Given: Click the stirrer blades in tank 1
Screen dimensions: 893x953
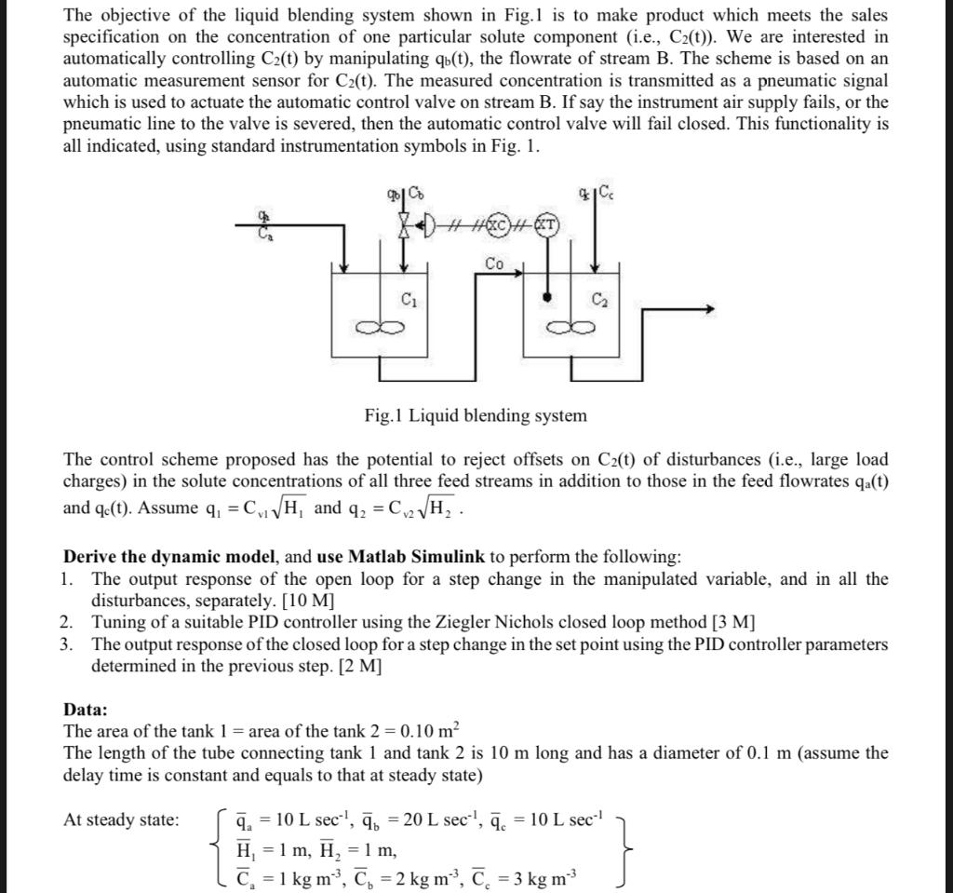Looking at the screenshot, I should click(378, 327).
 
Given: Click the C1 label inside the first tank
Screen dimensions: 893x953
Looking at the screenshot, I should click(407, 299).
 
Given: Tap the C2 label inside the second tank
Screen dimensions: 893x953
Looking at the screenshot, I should click(597, 299).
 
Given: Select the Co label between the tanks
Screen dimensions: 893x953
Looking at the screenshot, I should click(494, 264).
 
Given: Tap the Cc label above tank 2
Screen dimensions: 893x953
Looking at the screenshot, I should click(606, 193).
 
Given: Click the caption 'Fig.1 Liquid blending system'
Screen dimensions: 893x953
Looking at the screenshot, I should click(476, 415).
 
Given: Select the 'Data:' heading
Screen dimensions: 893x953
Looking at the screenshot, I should click(86, 710).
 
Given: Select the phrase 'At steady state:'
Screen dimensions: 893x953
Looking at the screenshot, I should click(121, 819).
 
